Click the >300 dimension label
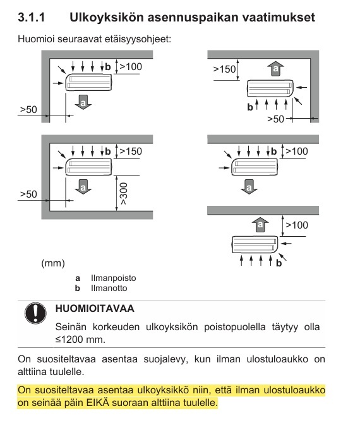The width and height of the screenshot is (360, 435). pos(123,196)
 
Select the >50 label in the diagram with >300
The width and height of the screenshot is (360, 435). pos(28,194)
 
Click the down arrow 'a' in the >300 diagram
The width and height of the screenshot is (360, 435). pos(81,186)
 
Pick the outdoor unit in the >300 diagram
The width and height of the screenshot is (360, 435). pos(88,167)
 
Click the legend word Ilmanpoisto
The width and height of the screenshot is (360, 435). pos(113,278)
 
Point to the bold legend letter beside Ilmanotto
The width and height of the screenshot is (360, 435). pos(78,289)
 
